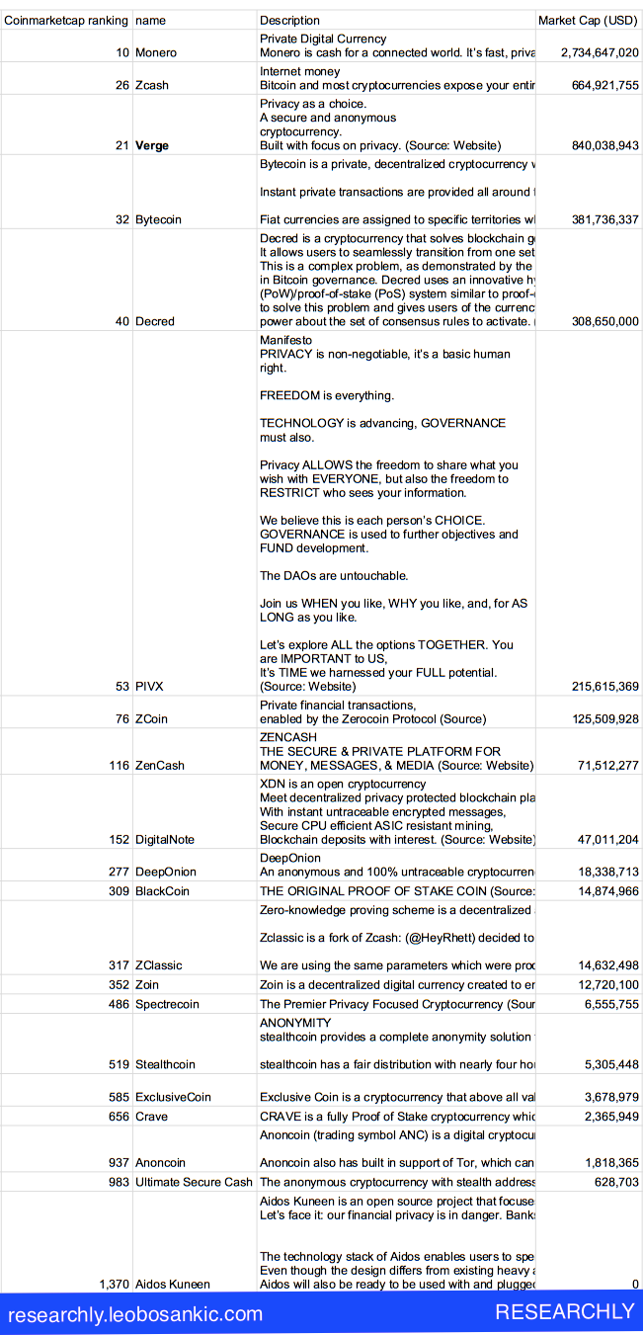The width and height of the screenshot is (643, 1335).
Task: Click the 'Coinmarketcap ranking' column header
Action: point(66,20)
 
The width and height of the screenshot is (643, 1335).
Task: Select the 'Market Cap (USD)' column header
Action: point(588,20)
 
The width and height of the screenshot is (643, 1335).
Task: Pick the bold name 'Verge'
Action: point(152,145)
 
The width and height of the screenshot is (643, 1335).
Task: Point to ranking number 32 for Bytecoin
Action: point(121,219)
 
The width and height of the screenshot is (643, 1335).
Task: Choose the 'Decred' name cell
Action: point(155,321)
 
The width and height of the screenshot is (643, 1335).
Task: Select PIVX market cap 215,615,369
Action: point(604,686)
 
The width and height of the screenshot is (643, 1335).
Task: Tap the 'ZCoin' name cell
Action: point(151,718)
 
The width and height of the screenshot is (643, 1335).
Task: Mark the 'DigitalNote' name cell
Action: point(165,839)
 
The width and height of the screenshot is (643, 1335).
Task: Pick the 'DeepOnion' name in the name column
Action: point(166,872)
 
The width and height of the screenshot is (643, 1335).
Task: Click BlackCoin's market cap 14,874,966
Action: point(604,891)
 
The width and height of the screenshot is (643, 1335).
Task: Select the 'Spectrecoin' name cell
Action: point(167,1004)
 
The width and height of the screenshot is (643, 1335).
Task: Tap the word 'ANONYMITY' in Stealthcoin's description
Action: point(295,1023)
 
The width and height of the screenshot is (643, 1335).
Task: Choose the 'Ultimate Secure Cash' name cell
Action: point(194,1182)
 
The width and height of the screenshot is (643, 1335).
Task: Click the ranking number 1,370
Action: point(114,1284)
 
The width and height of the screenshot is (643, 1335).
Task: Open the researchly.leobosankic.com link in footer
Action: point(135,1314)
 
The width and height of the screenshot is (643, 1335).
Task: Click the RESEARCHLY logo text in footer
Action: point(564,1312)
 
